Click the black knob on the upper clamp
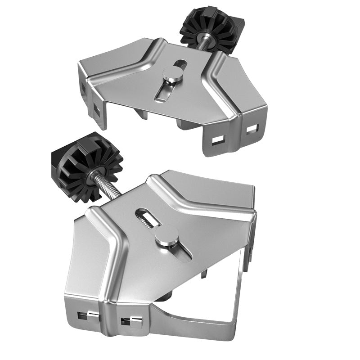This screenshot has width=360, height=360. (211, 31)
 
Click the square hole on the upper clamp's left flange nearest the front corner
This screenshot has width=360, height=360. (98, 108)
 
